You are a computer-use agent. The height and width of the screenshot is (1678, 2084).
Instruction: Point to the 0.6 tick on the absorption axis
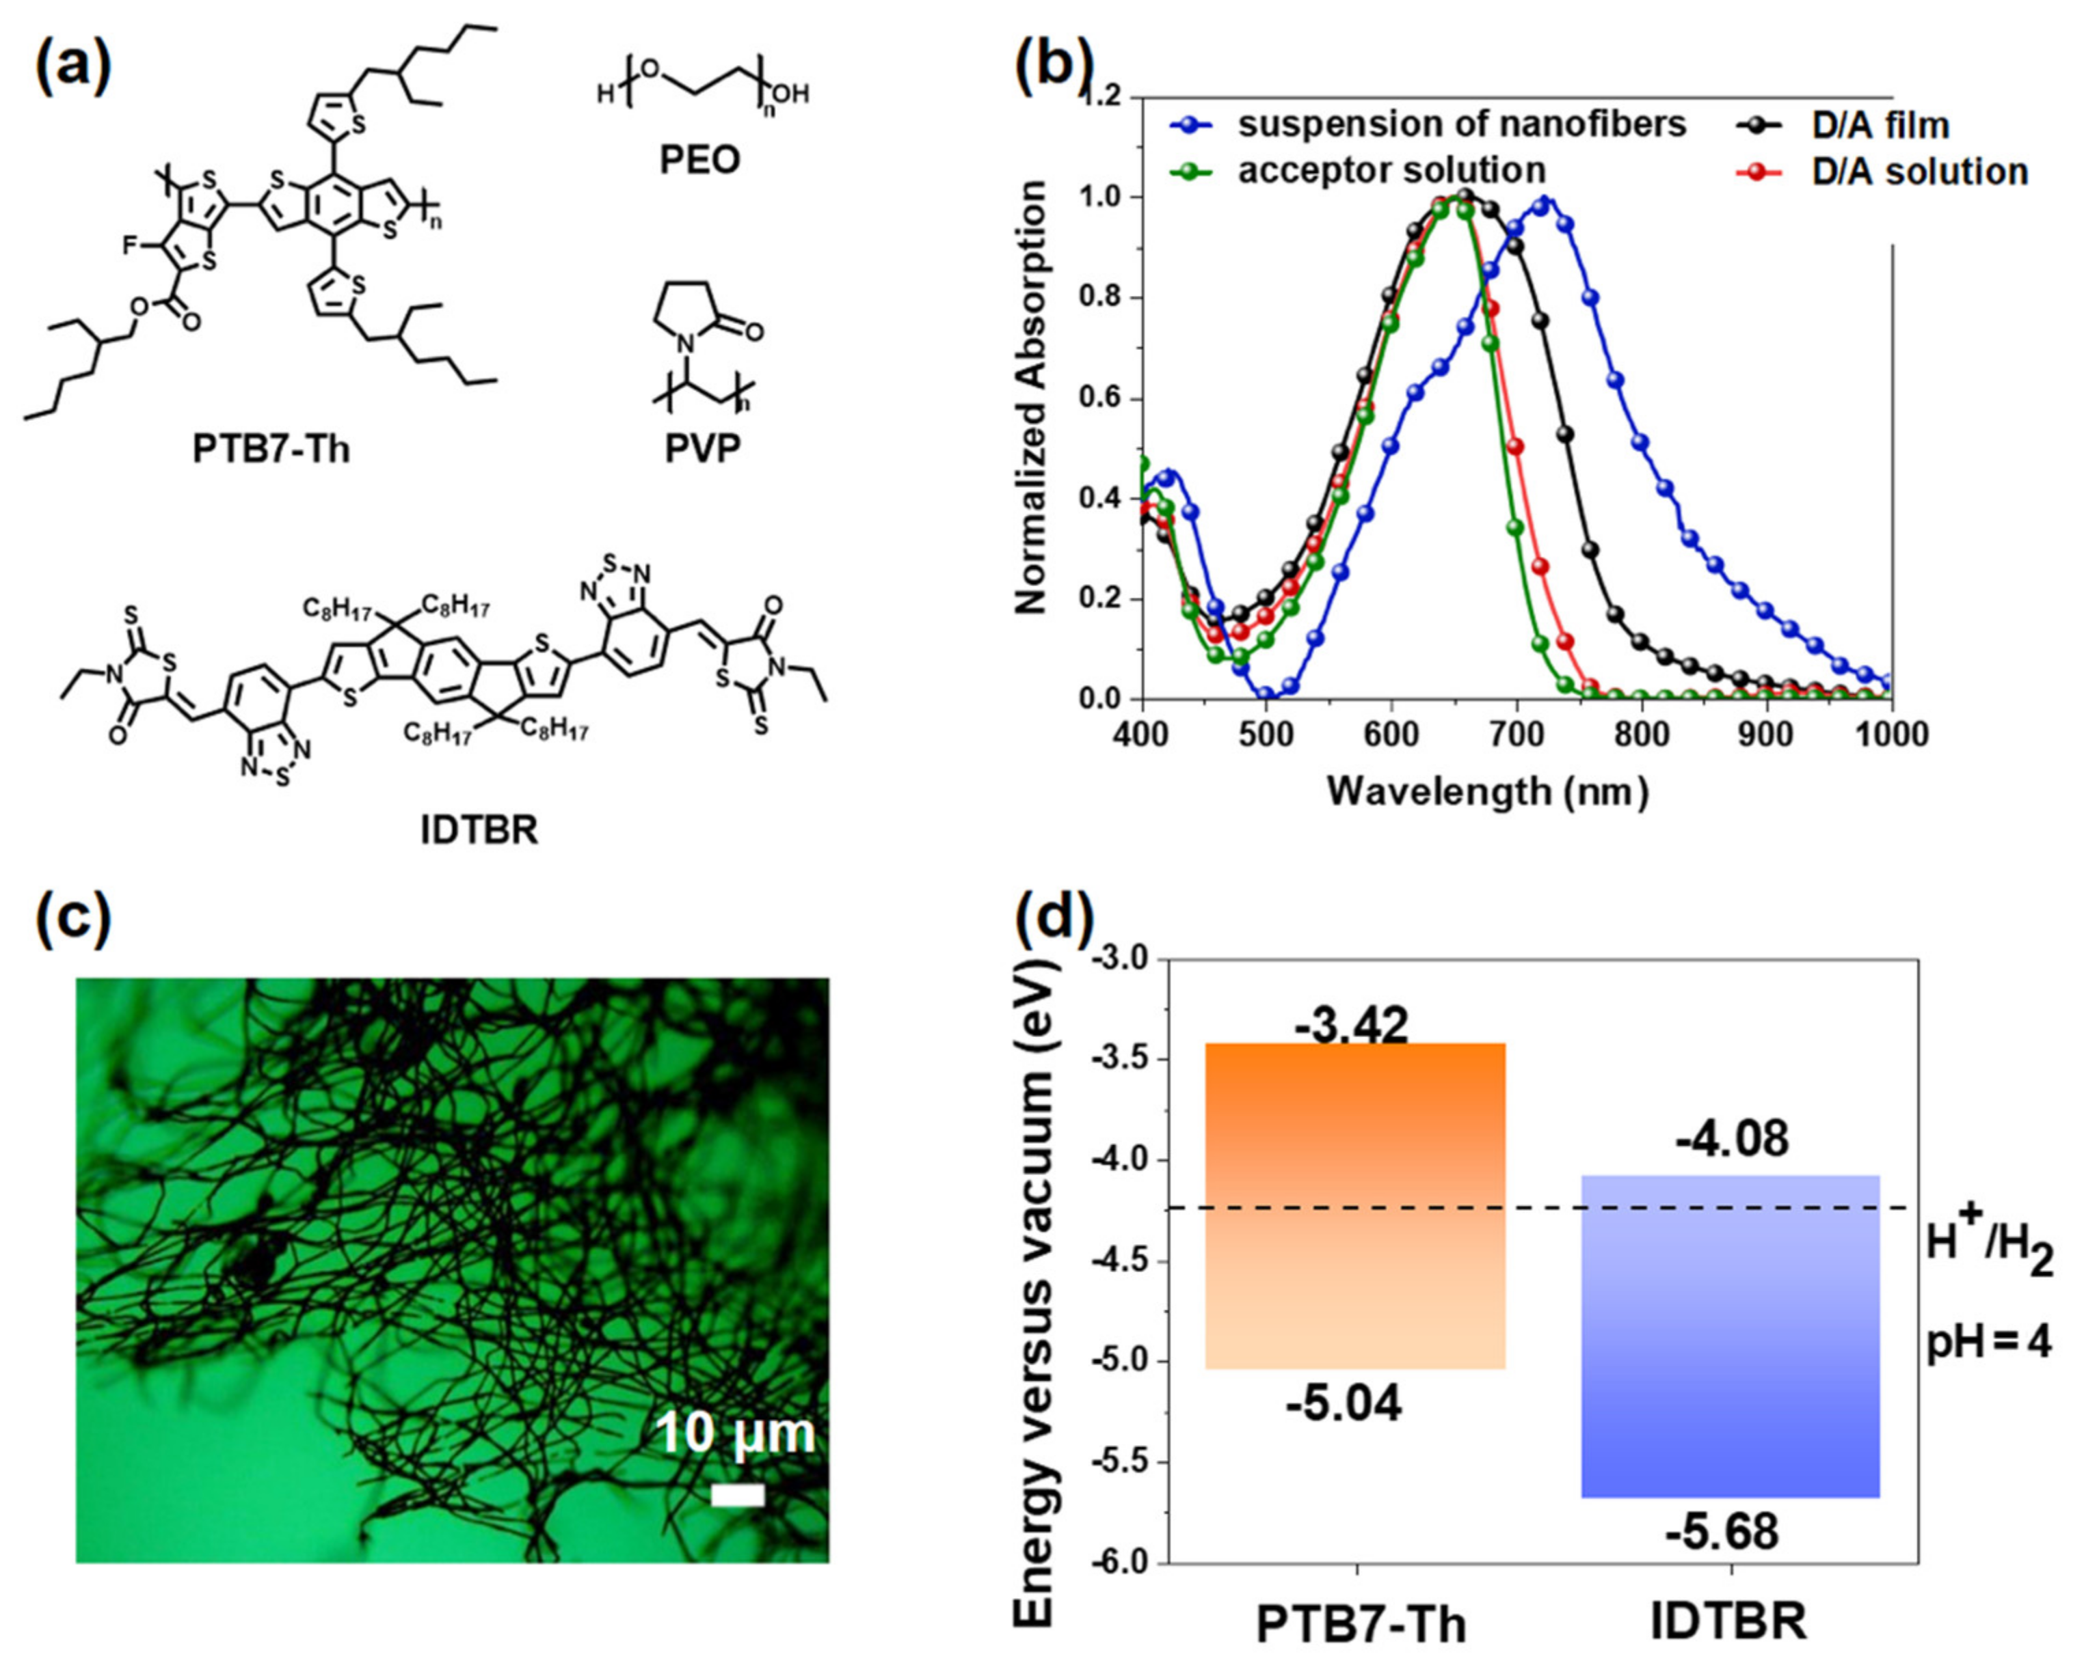pos(1101,399)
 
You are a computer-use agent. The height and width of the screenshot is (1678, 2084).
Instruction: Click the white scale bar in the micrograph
pos(738,1496)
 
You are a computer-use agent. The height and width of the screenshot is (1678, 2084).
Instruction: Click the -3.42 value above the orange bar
pos(1351,1026)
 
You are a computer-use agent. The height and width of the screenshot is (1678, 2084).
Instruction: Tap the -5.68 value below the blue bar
pos(1722,1533)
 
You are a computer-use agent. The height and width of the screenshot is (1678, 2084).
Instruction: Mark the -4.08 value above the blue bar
pos(1732,1140)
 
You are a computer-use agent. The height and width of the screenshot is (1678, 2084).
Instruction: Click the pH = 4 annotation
pos(1989,1343)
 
